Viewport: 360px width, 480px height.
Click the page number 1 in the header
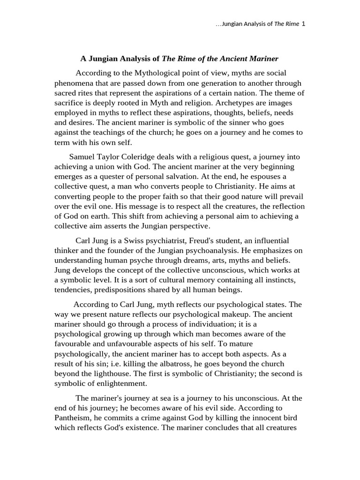point(304,24)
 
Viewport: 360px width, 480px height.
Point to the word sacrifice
point(70,103)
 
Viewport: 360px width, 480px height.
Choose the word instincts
point(281,280)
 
